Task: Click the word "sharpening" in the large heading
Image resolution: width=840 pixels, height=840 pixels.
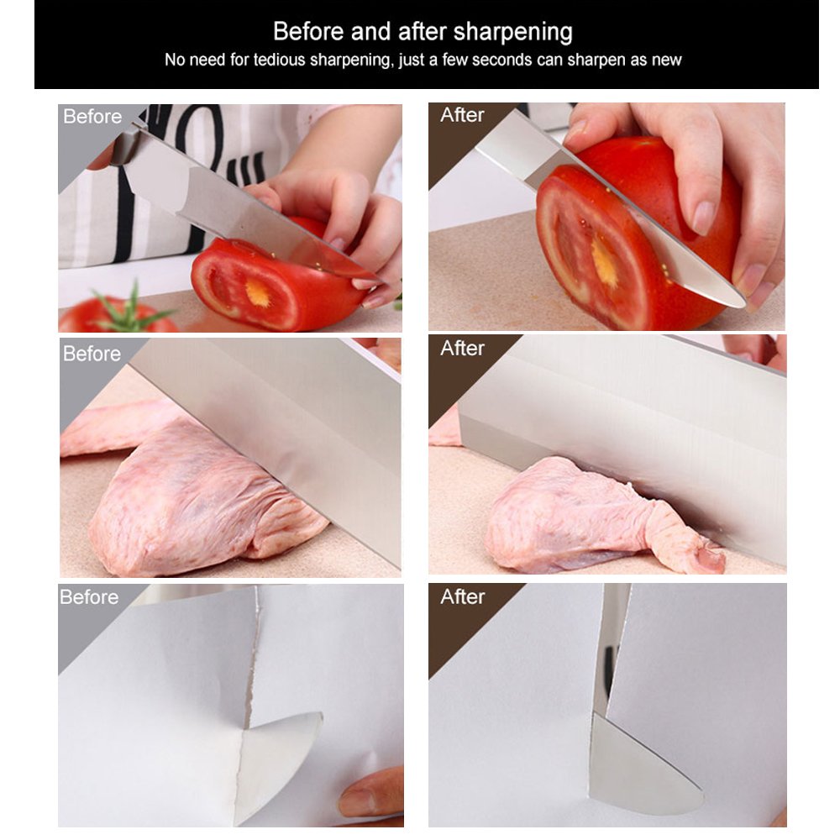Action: tap(512, 33)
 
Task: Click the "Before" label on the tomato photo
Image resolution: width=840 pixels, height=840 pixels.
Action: tap(92, 117)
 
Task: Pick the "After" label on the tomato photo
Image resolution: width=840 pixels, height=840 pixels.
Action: tap(462, 115)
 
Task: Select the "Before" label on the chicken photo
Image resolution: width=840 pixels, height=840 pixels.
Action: tap(92, 354)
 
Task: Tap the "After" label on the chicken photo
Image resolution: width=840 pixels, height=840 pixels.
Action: tap(462, 348)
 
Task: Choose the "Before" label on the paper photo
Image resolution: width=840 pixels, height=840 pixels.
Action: tap(89, 597)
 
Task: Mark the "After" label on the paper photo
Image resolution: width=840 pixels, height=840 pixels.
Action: tap(462, 596)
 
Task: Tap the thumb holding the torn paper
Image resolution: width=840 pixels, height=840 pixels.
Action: tap(370, 790)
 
